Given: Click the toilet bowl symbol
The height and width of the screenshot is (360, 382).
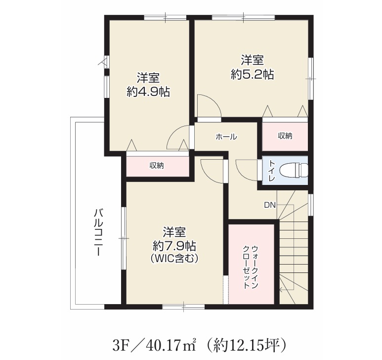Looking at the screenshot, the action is [294, 170].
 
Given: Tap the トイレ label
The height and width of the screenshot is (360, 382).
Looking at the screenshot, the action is [272, 171].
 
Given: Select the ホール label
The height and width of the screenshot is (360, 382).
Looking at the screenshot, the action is [226, 137].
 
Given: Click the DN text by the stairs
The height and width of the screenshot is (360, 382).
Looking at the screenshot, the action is [270, 205].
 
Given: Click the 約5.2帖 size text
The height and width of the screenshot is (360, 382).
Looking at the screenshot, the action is [253, 74].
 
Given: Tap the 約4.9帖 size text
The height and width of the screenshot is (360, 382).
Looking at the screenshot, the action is [148, 92].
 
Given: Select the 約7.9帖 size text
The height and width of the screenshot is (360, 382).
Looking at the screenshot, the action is [174, 246].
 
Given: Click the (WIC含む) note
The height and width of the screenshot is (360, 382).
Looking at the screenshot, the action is [174, 259].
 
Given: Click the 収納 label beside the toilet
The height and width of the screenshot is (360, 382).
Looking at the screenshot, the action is [285, 136].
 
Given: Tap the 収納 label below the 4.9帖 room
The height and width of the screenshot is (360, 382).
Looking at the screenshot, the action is [157, 166].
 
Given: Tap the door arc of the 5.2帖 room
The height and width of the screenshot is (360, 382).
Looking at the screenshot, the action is [215, 101].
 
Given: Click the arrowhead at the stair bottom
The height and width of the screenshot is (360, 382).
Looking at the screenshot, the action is [281, 290].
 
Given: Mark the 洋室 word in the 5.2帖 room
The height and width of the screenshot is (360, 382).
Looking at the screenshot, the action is [253, 61].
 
